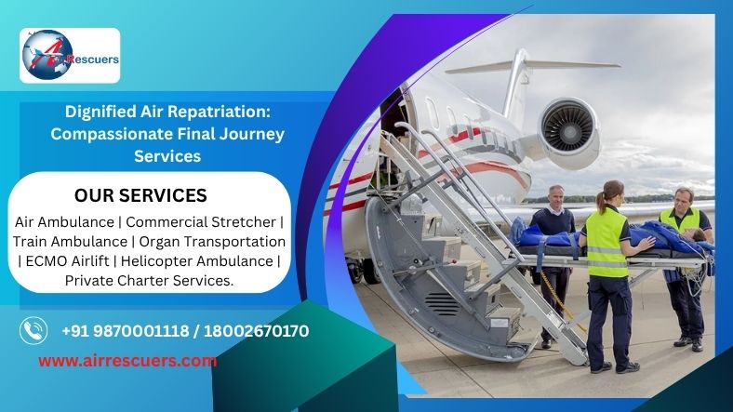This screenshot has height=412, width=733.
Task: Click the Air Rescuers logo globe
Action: click(47, 55)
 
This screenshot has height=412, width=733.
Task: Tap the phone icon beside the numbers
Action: click(33, 331)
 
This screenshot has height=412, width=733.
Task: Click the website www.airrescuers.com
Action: click(127, 361)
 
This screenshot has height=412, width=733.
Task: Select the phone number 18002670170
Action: click(256, 331)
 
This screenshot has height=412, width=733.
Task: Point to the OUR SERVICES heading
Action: click(140, 195)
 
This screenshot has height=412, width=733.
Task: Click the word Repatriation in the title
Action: click(219, 113)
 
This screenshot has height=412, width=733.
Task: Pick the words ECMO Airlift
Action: click(67, 260)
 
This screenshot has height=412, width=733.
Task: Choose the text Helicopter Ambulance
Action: click(197, 260)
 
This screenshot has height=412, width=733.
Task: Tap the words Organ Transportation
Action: click(212, 242)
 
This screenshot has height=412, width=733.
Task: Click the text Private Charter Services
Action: click(149, 280)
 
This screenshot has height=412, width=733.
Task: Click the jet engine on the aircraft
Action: click(568, 133)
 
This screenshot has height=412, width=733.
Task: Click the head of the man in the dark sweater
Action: click(556, 196)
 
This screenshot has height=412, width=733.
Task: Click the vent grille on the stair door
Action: click(442, 304)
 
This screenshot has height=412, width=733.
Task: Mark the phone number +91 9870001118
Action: click(126, 331)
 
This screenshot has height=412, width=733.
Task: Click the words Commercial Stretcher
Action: click(201, 222)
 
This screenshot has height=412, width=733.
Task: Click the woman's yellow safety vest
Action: click(606, 243)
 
